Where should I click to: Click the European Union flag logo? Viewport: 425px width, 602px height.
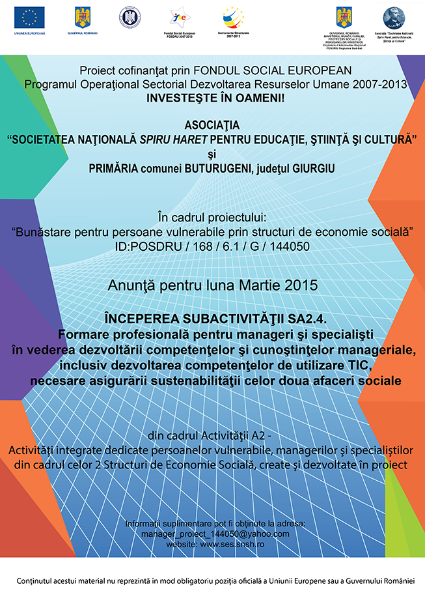coord(29,17)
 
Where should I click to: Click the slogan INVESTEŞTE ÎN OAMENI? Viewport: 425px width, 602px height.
coord(212,98)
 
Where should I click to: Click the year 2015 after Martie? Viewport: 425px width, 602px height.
coord(303,285)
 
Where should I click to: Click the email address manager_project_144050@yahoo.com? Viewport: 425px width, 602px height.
coord(215,534)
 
